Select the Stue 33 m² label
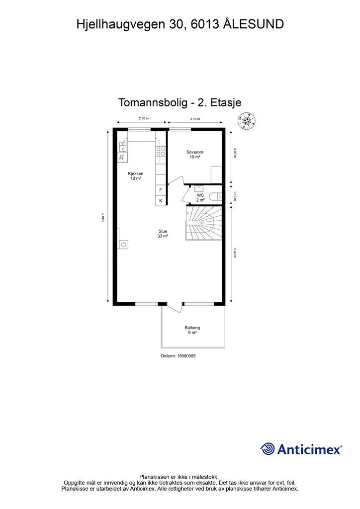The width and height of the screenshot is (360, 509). [163, 234]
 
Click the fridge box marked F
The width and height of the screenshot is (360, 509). [160, 190]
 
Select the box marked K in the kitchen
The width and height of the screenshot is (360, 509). [160, 201]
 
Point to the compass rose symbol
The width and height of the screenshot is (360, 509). [247, 120]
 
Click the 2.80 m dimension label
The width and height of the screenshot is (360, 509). [143, 118]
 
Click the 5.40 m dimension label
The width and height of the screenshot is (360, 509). [235, 253]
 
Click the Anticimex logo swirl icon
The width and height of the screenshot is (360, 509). [268, 449]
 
